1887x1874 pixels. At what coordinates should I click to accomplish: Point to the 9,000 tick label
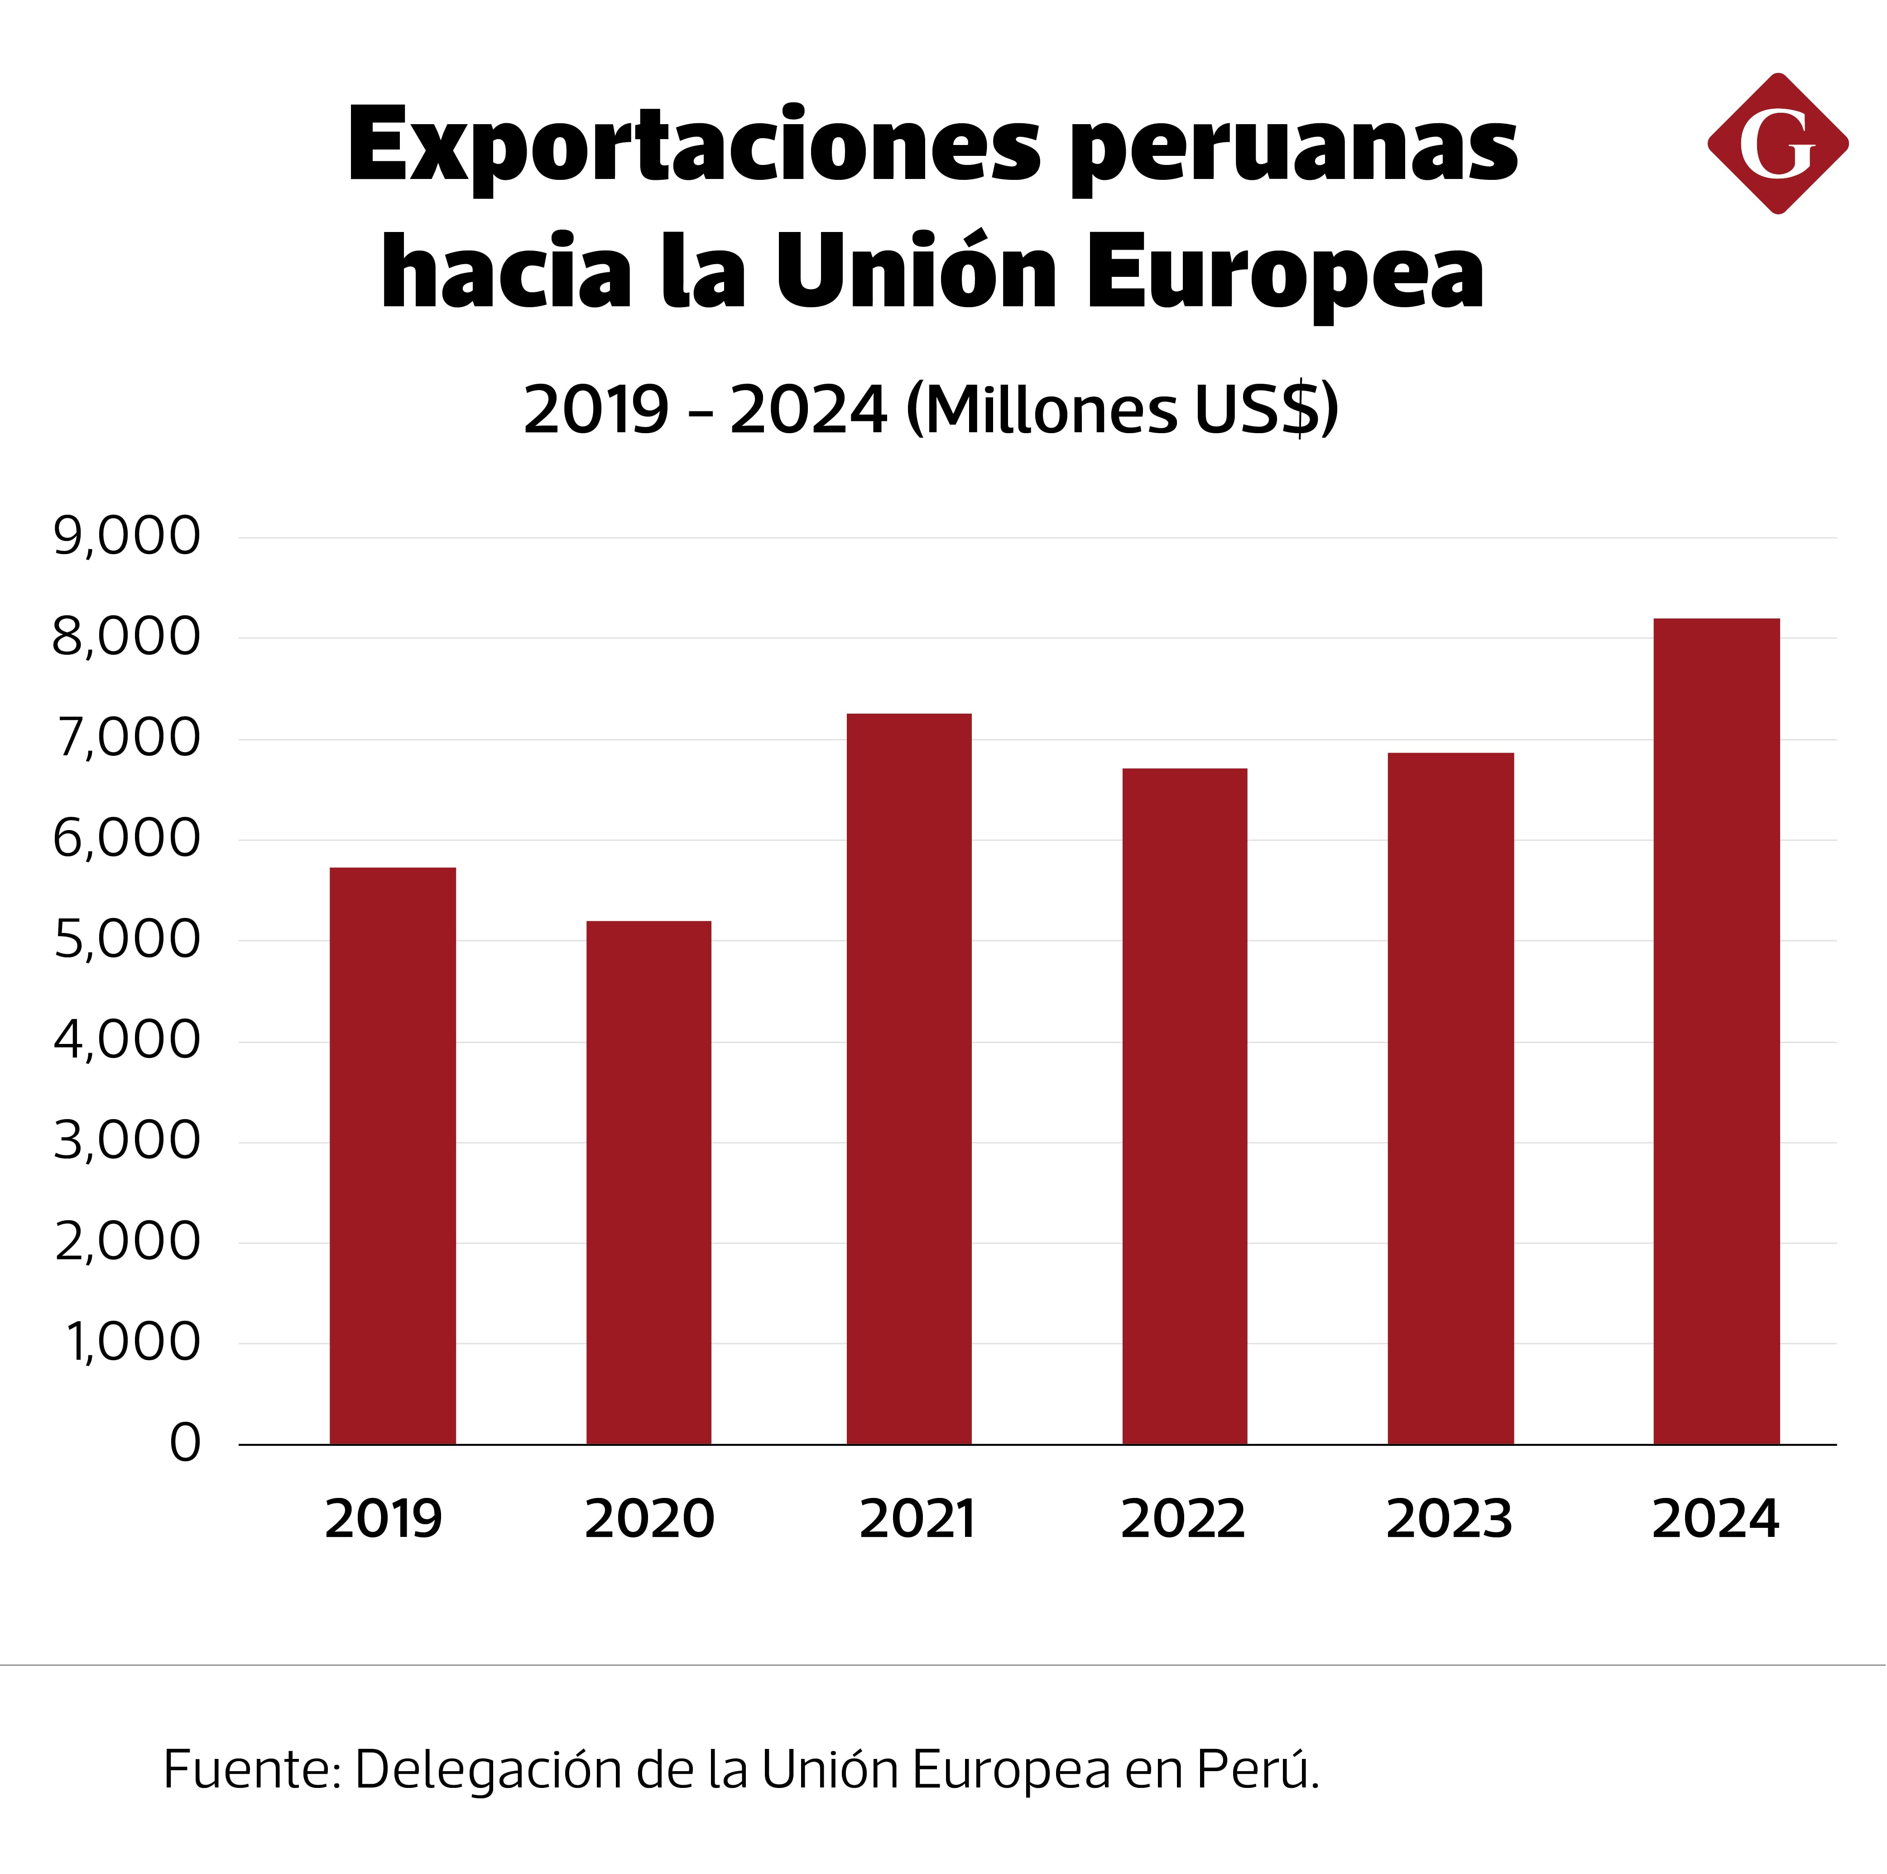(127, 536)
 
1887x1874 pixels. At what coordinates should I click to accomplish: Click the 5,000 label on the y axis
(127, 940)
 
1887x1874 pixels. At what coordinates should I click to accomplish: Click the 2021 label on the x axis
(917, 1519)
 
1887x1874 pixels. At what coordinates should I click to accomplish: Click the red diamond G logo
(1777, 144)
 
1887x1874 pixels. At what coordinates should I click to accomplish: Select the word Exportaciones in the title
(693, 146)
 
